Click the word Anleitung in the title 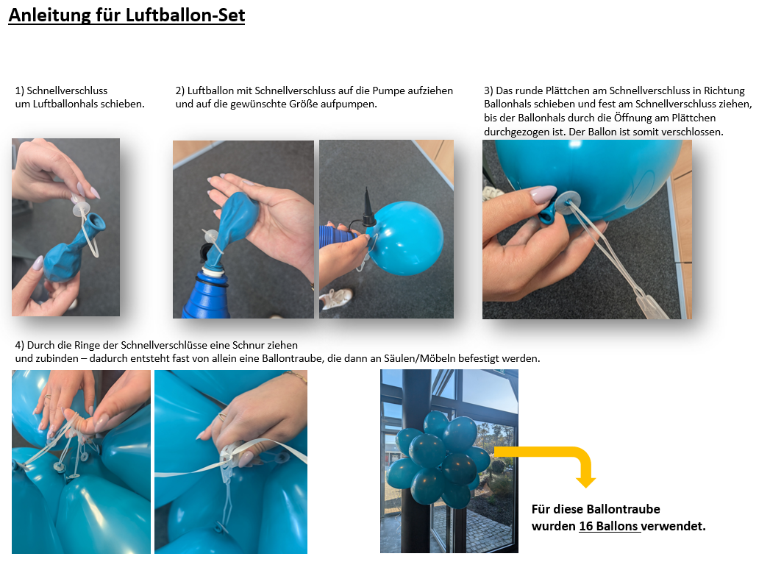pos(49,15)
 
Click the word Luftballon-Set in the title pos(185,15)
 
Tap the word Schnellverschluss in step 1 pos(67,90)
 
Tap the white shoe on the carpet pos(336,298)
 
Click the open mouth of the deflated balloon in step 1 pos(96,223)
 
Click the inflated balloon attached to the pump pos(406,238)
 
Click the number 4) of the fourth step pos(20,345)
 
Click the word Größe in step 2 pos(307,104)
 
